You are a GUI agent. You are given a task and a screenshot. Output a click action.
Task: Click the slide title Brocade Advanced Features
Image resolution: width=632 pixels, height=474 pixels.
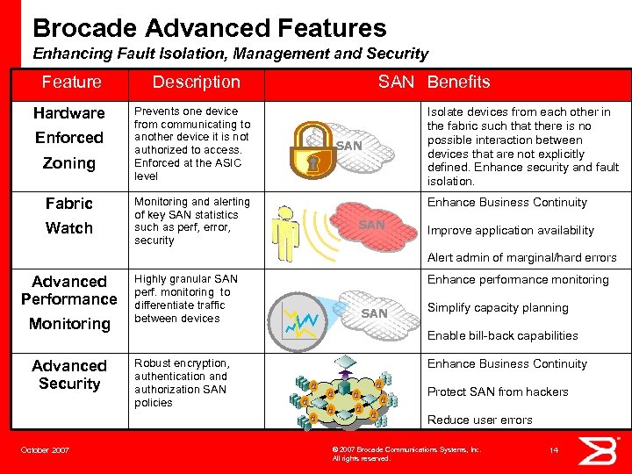point(209,28)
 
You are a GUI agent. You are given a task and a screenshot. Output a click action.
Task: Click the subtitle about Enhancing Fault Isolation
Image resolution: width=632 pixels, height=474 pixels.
point(230,54)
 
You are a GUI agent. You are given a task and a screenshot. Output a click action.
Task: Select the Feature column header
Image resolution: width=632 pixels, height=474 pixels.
point(71,82)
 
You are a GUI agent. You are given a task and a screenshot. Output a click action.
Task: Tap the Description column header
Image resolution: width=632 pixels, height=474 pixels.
point(196,82)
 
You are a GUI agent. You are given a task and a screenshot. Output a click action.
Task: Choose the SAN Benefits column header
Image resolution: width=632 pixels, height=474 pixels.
point(434,82)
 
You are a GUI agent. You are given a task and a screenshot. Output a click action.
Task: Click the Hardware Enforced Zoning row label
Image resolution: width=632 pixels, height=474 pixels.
point(69,138)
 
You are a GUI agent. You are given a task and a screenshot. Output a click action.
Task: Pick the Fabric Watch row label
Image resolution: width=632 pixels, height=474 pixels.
point(69,215)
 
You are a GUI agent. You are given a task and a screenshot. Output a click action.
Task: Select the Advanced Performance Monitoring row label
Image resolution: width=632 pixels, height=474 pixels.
point(69,302)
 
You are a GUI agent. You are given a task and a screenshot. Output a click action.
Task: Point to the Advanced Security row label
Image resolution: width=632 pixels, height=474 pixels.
point(69,375)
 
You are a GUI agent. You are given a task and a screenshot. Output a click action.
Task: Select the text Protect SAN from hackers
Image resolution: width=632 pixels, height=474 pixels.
point(498,391)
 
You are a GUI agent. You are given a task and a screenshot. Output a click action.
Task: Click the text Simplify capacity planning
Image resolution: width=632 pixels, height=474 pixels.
point(498,307)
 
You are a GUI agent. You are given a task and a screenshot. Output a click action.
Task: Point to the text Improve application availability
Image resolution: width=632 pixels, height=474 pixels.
point(510,230)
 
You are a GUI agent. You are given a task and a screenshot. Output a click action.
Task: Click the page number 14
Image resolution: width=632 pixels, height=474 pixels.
point(554,449)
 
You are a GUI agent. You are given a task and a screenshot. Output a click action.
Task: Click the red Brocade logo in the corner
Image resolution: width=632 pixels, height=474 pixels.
point(605,450)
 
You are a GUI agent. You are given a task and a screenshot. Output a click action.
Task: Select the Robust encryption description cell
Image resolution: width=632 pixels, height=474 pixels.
point(183,383)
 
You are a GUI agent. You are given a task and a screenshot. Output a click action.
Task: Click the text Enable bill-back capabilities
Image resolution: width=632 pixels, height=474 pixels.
point(502,335)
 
